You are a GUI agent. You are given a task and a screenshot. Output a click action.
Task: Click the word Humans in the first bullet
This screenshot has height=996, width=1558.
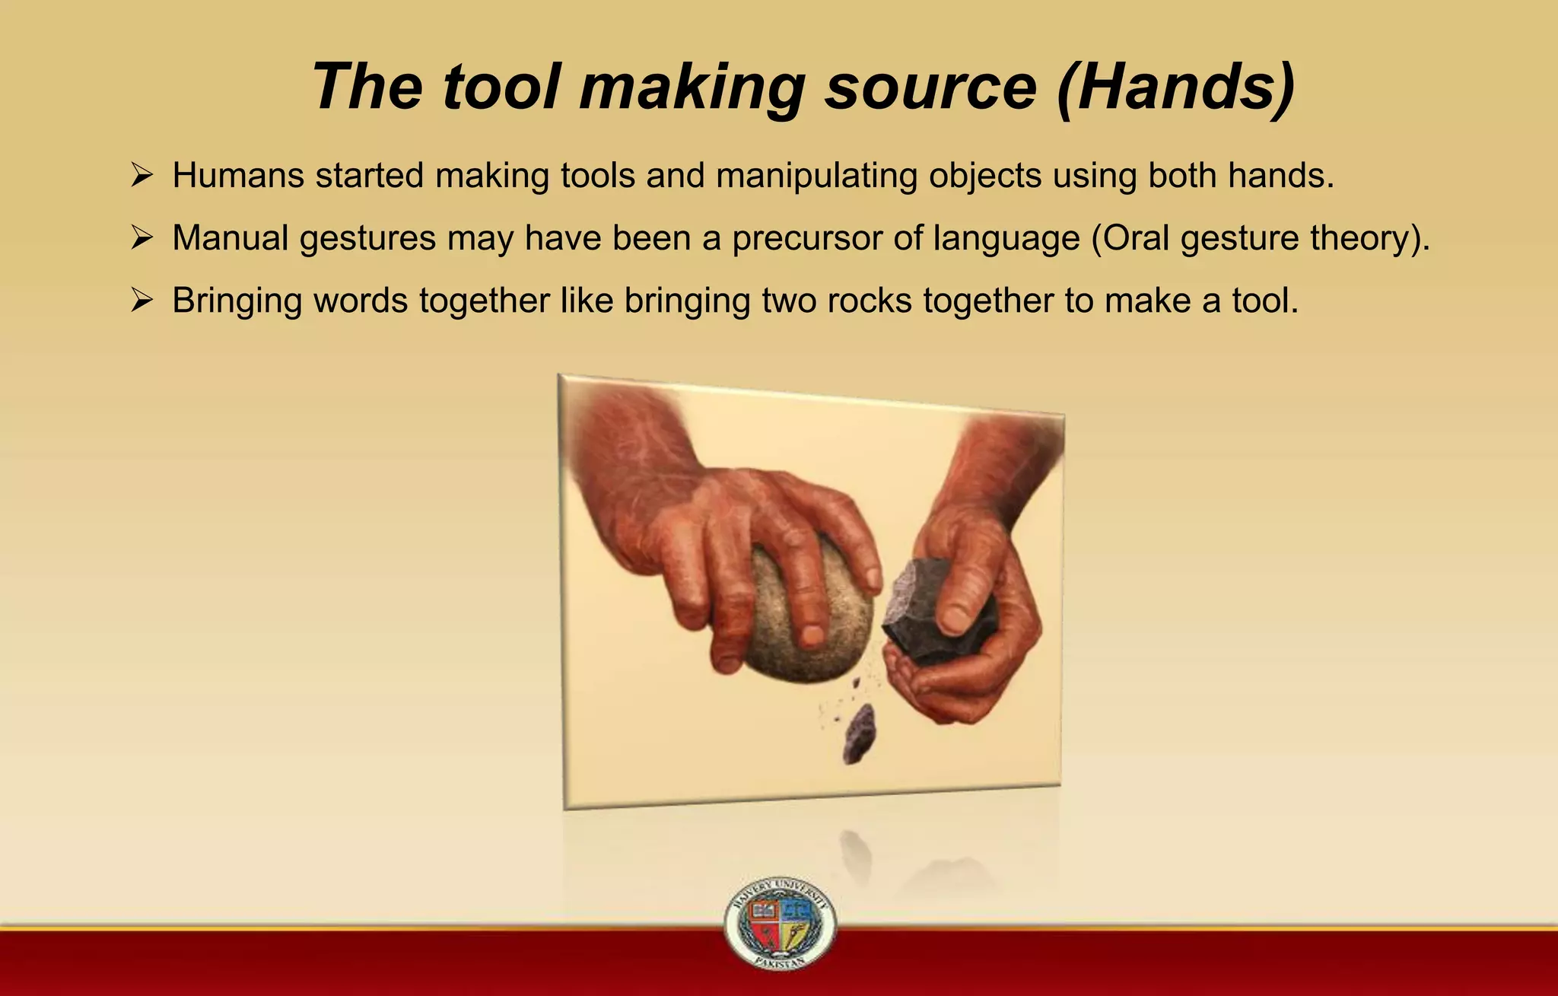pyautogui.click(x=238, y=176)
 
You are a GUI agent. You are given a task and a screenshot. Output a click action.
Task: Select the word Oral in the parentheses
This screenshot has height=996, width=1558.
pyautogui.click(x=1135, y=238)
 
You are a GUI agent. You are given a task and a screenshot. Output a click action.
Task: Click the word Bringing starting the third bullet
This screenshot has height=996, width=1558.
pyautogui.click(x=237, y=301)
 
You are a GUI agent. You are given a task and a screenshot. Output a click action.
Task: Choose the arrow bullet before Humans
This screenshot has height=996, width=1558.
pyautogui.click(x=141, y=176)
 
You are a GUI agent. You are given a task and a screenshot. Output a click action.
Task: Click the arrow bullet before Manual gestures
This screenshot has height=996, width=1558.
pyautogui.click(x=141, y=238)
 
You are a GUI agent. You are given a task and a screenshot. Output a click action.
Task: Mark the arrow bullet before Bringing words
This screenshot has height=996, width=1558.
pyautogui.click(x=141, y=301)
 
